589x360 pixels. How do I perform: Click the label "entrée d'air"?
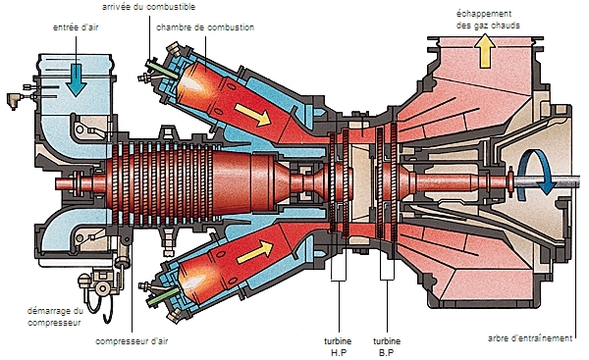click(76, 27)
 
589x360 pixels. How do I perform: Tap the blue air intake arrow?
click(76, 79)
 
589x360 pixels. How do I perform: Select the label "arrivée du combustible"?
click(149, 7)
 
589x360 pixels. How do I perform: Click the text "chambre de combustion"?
click(205, 27)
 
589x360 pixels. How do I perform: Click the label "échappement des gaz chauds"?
click(488, 20)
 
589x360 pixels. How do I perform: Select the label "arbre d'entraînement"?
click(530, 338)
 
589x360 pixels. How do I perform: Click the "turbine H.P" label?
click(338, 347)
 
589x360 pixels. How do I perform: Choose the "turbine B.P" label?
click(387, 347)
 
